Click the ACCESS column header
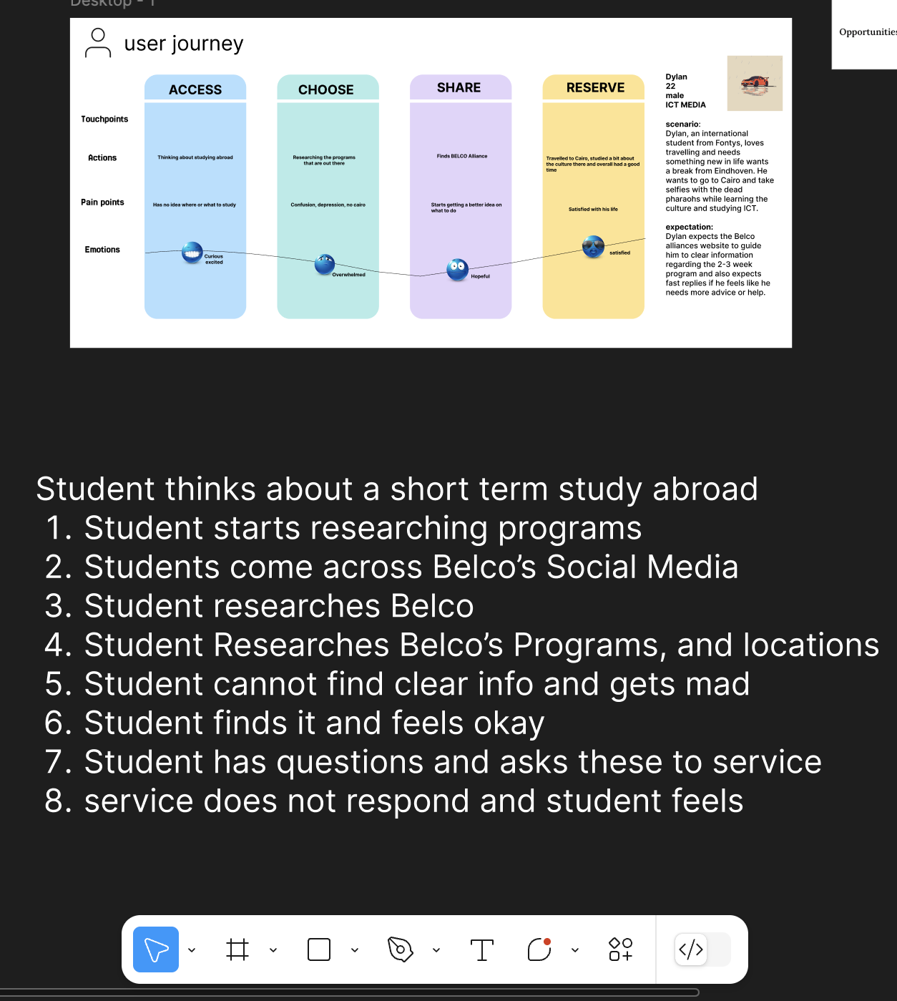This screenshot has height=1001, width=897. (x=195, y=89)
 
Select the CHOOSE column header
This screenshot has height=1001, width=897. (x=326, y=89)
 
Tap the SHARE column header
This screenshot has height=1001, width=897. (x=459, y=87)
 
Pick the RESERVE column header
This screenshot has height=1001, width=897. (x=595, y=87)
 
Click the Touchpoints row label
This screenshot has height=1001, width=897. (x=104, y=119)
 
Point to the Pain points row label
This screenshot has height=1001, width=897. (x=102, y=202)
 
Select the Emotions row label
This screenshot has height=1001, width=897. (x=102, y=250)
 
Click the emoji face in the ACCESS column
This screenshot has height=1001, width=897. (x=192, y=253)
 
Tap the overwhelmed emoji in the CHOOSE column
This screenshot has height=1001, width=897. (x=325, y=264)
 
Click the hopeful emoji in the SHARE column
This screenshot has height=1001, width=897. (x=457, y=269)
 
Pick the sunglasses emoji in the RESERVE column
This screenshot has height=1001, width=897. (x=593, y=246)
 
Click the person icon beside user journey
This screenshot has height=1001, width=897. (x=98, y=43)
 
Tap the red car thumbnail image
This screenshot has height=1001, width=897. (x=755, y=83)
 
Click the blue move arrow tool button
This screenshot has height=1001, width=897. (x=156, y=949)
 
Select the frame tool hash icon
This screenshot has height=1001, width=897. (x=237, y=949)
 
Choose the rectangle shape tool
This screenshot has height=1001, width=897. (x=319, y=949)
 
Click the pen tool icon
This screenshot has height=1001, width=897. (x=401, y=949)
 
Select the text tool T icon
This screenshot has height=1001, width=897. (x=482, y=950)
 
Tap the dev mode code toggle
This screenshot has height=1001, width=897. (x=691, y=949)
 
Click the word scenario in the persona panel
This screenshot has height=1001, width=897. (x=682, y=124)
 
